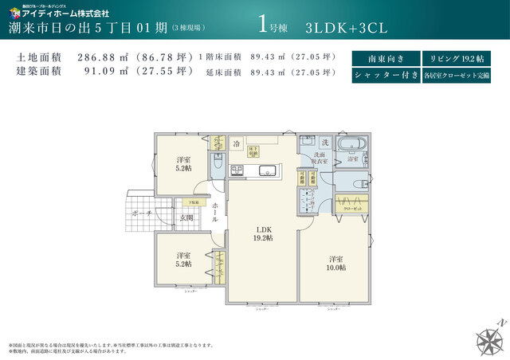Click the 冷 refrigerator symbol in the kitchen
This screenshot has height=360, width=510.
[237, 144]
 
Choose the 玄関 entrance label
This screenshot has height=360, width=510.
[186, 217]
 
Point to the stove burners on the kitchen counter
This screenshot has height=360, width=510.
[237, 169]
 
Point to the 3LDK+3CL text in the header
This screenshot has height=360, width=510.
[346, 27]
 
